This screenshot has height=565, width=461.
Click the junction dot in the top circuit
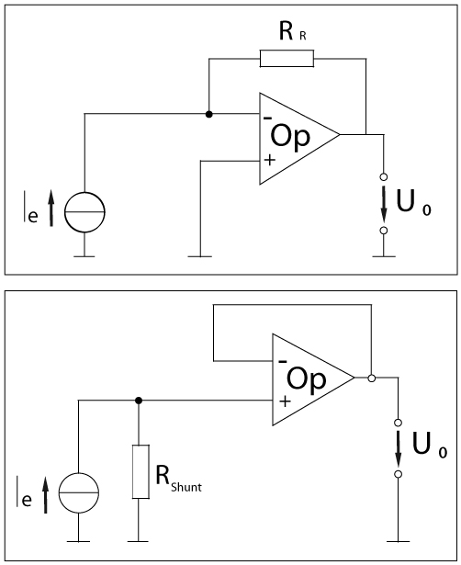[208, 114]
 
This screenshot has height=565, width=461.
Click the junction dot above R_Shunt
[139, 401]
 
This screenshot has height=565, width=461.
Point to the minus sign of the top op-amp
[267, 118]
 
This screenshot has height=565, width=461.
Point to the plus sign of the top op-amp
[269, 160]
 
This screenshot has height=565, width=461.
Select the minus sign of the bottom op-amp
[283, 361]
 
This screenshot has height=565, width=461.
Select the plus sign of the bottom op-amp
[285, 401]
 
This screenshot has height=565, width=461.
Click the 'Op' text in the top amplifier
[290, 137]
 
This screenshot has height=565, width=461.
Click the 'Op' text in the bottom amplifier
[307, 379]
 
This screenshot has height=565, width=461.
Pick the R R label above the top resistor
[292, 31]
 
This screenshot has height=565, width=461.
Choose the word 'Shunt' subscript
[186, 487]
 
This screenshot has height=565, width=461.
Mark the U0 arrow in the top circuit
[384, 204]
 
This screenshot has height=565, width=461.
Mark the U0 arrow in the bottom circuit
[398, 448]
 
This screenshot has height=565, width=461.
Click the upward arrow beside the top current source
[51, 209]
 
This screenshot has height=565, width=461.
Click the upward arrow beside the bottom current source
[45, 495]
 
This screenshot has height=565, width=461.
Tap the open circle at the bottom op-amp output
[372, 378]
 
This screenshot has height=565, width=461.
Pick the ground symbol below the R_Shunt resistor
[139, 541]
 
